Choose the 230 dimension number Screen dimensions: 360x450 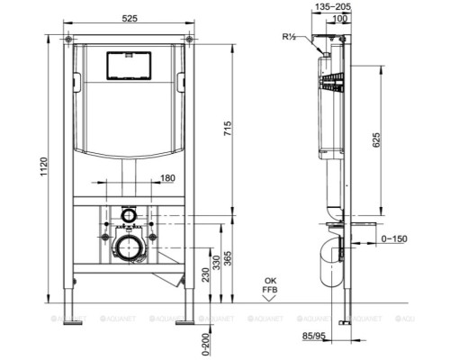tap(205, 278)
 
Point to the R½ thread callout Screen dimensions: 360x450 tap(289, 39)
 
